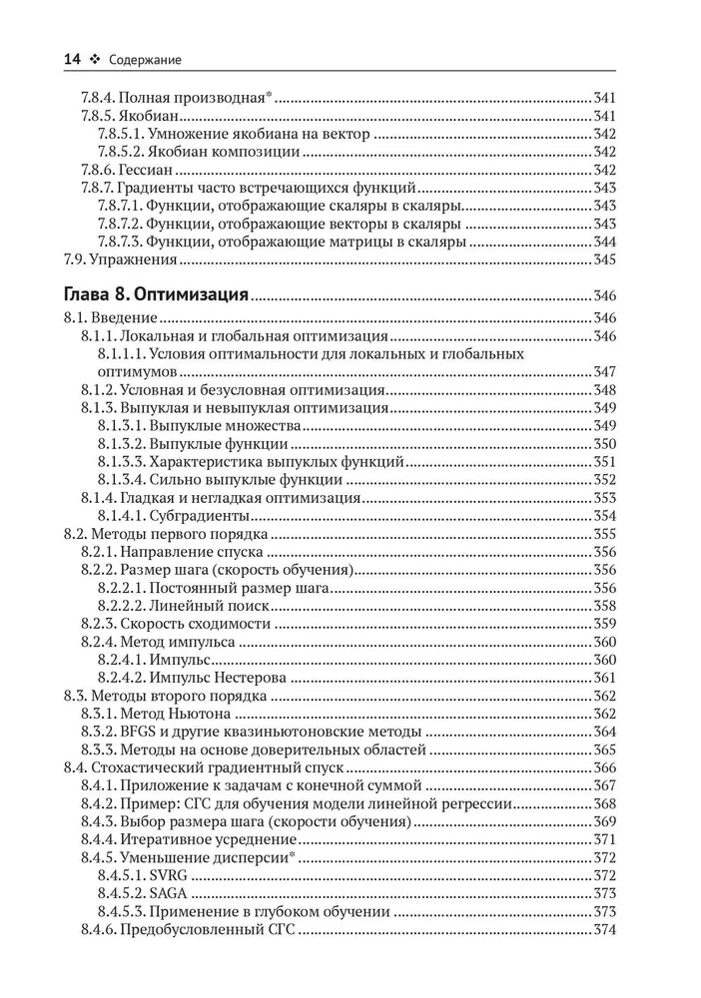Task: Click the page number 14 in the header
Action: [x=72, y=60]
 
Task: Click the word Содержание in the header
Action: [x=144, y=61]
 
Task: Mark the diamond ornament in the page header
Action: [x=95, y=61]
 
